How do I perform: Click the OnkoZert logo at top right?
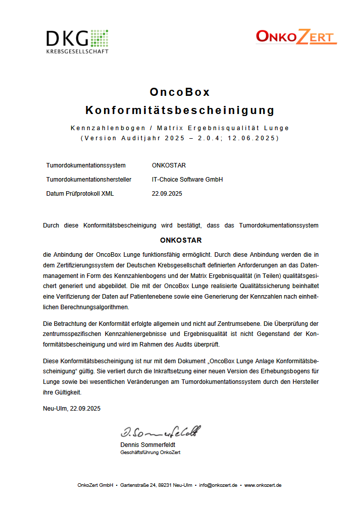[295, 37]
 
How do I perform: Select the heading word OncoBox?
[180, 92]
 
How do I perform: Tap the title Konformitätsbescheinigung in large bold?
[180, 110]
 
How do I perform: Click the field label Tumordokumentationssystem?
[85, 165]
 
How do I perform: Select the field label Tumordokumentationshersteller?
[88, 180]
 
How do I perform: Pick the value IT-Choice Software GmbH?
[187, 180]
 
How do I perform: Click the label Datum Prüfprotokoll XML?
[80, 194]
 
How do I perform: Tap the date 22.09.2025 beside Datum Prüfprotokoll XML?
[167, 194]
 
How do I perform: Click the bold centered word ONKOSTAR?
[180, 240]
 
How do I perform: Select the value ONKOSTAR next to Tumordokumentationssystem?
[169, 165]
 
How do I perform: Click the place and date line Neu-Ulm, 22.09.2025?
[72, 409]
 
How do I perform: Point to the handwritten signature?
[160, 432]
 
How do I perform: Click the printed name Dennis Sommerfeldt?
[147, 445]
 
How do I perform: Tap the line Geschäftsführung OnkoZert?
[150, 453]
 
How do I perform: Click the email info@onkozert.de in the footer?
[218, 485]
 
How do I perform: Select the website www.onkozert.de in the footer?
[263, 485]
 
